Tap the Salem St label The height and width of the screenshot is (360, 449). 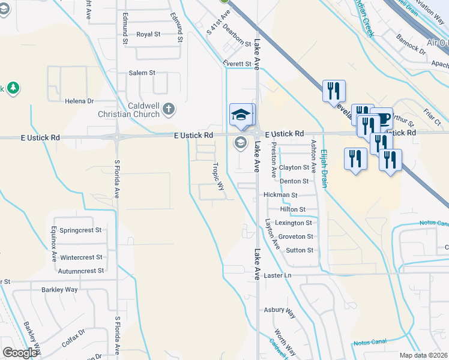click(x=142, y=73)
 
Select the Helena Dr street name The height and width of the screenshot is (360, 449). click(x=80, y=101)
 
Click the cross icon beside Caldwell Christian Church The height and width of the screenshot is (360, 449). click(x=169, y=109)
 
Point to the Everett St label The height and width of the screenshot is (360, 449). click(x=236, y=64)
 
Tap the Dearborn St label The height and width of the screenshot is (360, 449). click(x=237, y=35)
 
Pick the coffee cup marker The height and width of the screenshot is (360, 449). click(x=381, y=118)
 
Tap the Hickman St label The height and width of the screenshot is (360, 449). click(x=280, y=195)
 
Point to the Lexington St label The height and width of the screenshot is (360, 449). click(x=294, y=223)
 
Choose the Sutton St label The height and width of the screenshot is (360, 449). click(x=300, y=250)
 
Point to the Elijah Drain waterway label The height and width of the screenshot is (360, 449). click(x=324, y=168)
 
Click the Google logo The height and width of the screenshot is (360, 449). click(x=20, y=353)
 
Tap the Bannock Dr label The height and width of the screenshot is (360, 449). click(x=411, y=44)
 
